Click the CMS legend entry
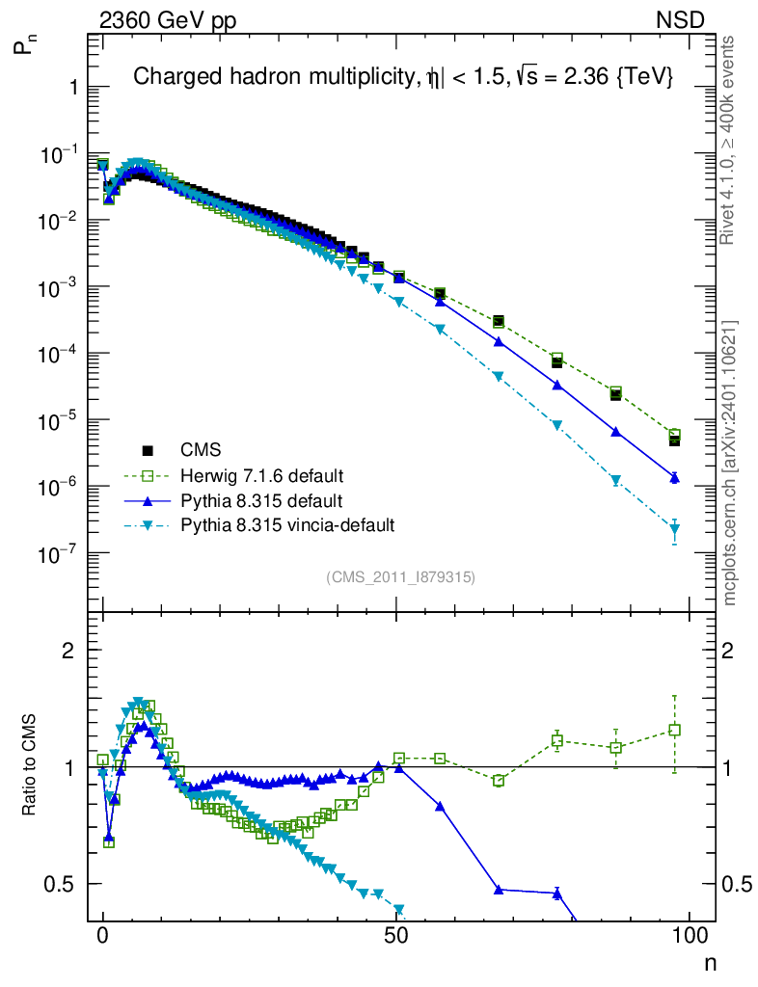tap(201, 450)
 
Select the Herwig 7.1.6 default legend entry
tap(262, 475)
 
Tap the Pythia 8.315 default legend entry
tap(260, 500)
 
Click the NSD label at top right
tap(681, 19)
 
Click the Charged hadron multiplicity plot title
tap(402, 77)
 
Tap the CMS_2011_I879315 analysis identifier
tap(400, 577)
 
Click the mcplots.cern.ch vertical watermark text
tap(730, 464)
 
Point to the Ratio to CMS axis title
tap(30, 767)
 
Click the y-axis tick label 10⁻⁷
tap(57, 553)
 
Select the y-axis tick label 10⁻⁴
tap(57, 354)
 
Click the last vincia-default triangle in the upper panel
tap(675, 528)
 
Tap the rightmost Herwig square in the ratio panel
tap(675, 730)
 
